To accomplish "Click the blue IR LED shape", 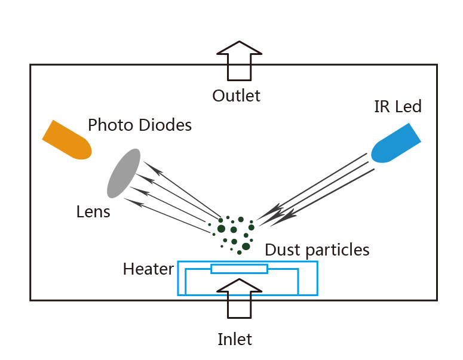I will [395, 143].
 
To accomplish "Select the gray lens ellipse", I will [124, 173].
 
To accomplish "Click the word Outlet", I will [237, 96].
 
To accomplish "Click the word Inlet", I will [235, 340].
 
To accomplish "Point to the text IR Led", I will [397, 107].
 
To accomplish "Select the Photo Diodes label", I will [140, 125].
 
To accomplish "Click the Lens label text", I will [93, 211].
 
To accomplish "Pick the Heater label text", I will [148, 269].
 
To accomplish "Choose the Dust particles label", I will [317, 250].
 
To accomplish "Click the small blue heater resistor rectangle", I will [239, 269].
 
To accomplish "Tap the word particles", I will [338, 250].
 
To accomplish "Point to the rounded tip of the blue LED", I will [378, 155].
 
